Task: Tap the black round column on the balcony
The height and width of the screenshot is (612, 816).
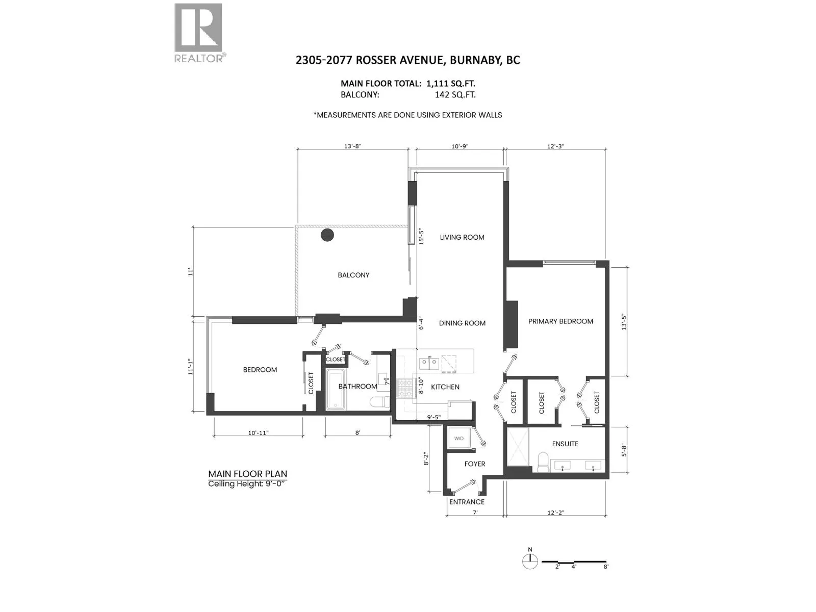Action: click(x=327, y=235)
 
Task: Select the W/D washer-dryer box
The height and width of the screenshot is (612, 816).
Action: click(x=458, y=438)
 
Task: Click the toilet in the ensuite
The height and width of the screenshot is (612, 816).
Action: click(x=543, y=462)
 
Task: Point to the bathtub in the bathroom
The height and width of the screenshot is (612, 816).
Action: click(x=336, y=389)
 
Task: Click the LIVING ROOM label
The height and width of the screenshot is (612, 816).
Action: click(x=462, y=237)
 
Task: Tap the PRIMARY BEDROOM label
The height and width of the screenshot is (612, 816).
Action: click(x=560, y=321)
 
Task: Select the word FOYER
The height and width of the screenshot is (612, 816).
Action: click(x=475, y=464)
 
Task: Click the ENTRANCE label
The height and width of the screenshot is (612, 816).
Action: click(x=467, y=502)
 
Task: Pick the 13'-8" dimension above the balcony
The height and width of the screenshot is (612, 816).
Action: click(x=352, y=146)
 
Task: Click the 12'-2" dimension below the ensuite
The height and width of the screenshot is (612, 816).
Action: click(x=556, y=513)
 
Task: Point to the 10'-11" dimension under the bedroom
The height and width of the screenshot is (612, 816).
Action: click(x=258, y=433)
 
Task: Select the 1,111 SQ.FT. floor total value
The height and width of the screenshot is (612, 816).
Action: click(x=450, y=83)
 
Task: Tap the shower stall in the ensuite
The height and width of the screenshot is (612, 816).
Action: click(x=518, y=447)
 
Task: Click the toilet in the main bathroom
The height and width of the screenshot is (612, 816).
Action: click(x=379, y=401)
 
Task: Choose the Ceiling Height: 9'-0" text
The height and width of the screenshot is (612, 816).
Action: click(x=247, y=484)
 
